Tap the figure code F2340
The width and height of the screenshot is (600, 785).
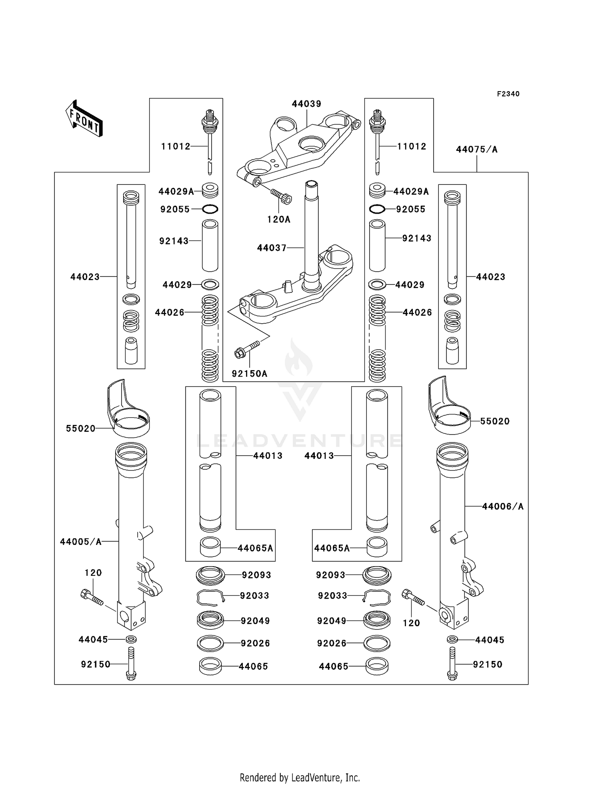(508, 94)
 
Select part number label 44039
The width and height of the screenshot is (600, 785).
(306, 104)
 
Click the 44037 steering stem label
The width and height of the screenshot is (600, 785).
(272, 248)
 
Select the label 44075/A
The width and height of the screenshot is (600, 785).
(477, 150)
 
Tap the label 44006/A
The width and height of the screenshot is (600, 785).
(502, 507)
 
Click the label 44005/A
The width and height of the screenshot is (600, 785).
(81, 542)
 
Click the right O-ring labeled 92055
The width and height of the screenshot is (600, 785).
(377, 209)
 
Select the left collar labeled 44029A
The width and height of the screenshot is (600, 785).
(210, 190)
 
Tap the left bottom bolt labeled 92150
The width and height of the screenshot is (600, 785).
(131, 664)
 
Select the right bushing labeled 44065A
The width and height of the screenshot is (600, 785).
(377, 547)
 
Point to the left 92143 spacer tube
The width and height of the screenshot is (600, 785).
(210, 245)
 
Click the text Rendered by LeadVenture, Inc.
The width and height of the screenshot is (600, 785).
(300, 777)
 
